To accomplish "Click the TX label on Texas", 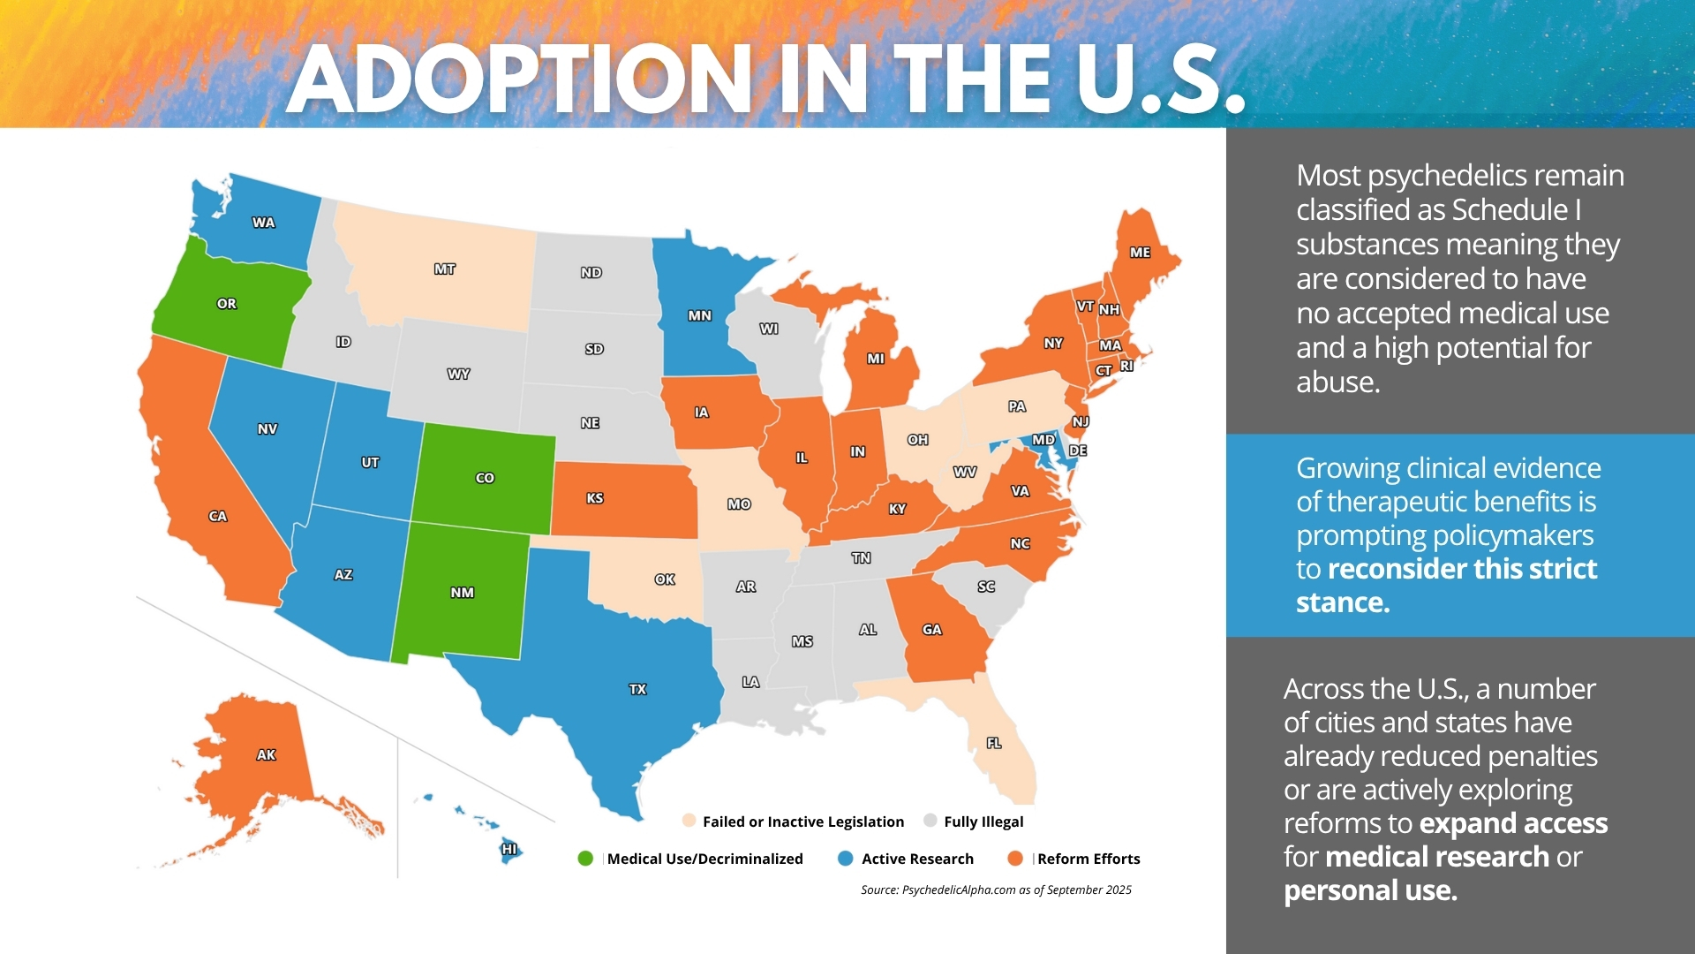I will point(637,689).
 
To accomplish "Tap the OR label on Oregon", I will point(227,304).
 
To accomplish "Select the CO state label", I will point(485,478).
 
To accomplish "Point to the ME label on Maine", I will point(1140,253).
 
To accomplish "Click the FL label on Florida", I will point(994,743).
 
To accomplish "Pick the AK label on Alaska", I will point(266,755).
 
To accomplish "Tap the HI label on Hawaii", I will point(509,850).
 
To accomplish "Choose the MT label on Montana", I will point(444,269).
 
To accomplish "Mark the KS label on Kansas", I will point(595,498).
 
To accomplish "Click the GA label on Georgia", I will point(932,630).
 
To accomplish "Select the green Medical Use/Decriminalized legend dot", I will point(585,859).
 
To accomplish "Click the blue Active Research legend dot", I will point(845,859).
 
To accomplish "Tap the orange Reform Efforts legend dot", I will point(1015,859).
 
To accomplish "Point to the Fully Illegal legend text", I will point(983,821).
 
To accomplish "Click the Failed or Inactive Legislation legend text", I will point(802,821).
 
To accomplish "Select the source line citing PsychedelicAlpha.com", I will point(996,890).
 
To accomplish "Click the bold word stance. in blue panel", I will point(1343,602).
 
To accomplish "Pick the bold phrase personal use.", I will point(1370,890).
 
